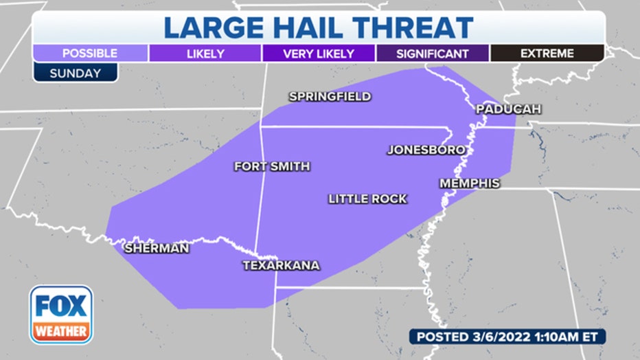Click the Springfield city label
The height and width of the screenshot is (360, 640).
tap(330, 97)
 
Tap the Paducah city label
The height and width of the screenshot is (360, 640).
tap(509, 109)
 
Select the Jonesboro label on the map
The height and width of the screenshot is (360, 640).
tap(426, 150)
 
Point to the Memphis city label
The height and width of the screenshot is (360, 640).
tap(470, 183)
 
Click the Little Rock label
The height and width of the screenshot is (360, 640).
tap(367, 199)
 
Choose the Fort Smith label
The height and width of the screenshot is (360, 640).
tap(272, 166)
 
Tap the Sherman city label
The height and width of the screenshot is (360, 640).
tap(157, 249)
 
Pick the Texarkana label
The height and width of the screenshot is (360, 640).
tap(282, 265)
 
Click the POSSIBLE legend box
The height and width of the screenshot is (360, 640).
tap(90, 54)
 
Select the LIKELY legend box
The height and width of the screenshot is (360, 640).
tap(205, 54)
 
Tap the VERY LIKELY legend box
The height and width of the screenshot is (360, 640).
tap(319, 54)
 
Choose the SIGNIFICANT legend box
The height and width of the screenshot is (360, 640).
tap(433, 54)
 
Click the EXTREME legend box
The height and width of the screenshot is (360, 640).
tap(547, 54)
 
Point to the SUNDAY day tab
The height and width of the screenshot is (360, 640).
tap(75, 73)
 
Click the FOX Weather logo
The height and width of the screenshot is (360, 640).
tap(61, 314)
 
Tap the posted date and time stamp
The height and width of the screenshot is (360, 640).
tap(507, 337)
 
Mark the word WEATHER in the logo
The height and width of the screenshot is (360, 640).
tap(61, 331)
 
